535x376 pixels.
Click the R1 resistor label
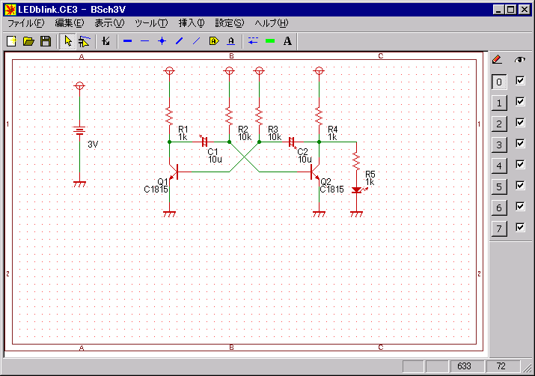coord(183,130)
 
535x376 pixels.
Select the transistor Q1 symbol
coord(174,172)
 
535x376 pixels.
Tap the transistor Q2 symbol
coord(315,172)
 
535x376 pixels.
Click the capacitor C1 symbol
coord(205,142)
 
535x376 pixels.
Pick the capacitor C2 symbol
coord(291,142)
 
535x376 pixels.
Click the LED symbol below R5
coord(358,190)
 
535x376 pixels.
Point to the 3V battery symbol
coord(79,130)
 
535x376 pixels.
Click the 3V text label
coord(93,145)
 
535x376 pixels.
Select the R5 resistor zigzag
coord(356,161)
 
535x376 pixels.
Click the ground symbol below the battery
coord(79,184)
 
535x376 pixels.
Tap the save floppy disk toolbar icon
coord(46,41)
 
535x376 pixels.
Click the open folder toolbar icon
coord(28,41)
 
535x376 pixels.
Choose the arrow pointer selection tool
coord(68,41)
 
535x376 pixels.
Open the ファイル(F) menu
coord(26,23)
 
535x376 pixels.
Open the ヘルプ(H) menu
coord(272,23)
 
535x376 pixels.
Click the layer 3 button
coord(499,145)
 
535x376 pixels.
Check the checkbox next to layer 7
coord(520,227)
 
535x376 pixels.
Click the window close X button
coord(525,10)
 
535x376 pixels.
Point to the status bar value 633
coord(464,366)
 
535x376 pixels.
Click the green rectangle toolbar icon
coord(270,41)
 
